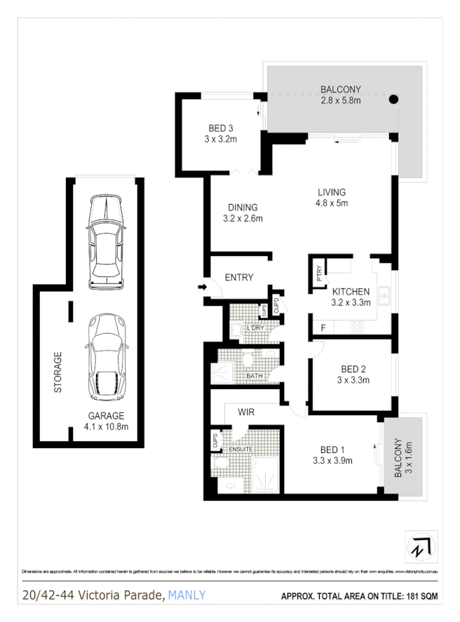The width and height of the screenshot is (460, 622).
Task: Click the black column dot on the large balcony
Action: pos(394,100)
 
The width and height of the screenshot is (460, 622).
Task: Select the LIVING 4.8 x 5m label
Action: pos(332,198)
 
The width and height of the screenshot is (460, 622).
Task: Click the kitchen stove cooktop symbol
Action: pos(356,326)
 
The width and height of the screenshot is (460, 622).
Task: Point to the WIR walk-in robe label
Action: pos(245,412)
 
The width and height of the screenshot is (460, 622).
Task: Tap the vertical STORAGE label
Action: pos(59,372)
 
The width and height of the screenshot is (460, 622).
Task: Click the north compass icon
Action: pos(421,546)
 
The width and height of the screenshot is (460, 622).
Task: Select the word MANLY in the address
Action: pos(187,595)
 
